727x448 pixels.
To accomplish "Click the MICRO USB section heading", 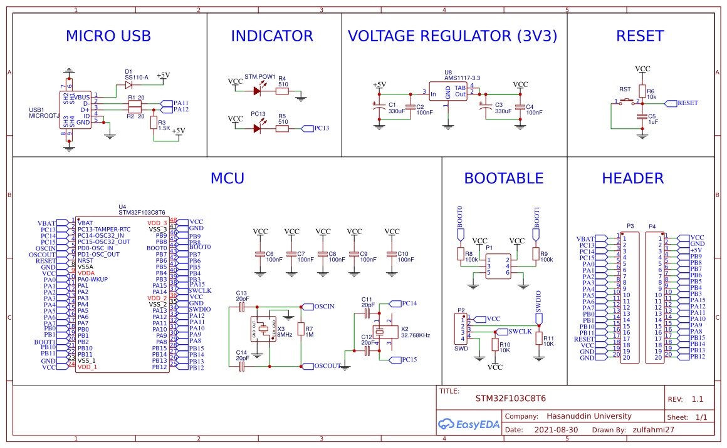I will (x=108, y=36).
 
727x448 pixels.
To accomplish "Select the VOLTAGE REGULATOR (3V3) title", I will (x=452, y=36).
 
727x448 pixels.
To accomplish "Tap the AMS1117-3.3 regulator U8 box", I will (x=448, y=91).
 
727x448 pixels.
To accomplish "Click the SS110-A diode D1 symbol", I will (x=128, y=84).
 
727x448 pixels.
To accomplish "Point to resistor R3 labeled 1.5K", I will (x=154, y=122).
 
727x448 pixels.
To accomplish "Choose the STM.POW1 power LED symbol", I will (x=257, y=91).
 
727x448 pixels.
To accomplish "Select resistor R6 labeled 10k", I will (x=642, y=91).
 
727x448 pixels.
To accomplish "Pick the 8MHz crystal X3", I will (x=264, y=330).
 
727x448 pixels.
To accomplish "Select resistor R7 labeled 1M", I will (x=301, y=330).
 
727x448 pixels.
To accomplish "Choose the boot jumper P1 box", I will (x=498, y=265).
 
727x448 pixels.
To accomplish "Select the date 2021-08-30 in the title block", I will (x=556, y=430).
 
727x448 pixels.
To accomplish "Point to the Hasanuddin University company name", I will (x=588, y=416).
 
